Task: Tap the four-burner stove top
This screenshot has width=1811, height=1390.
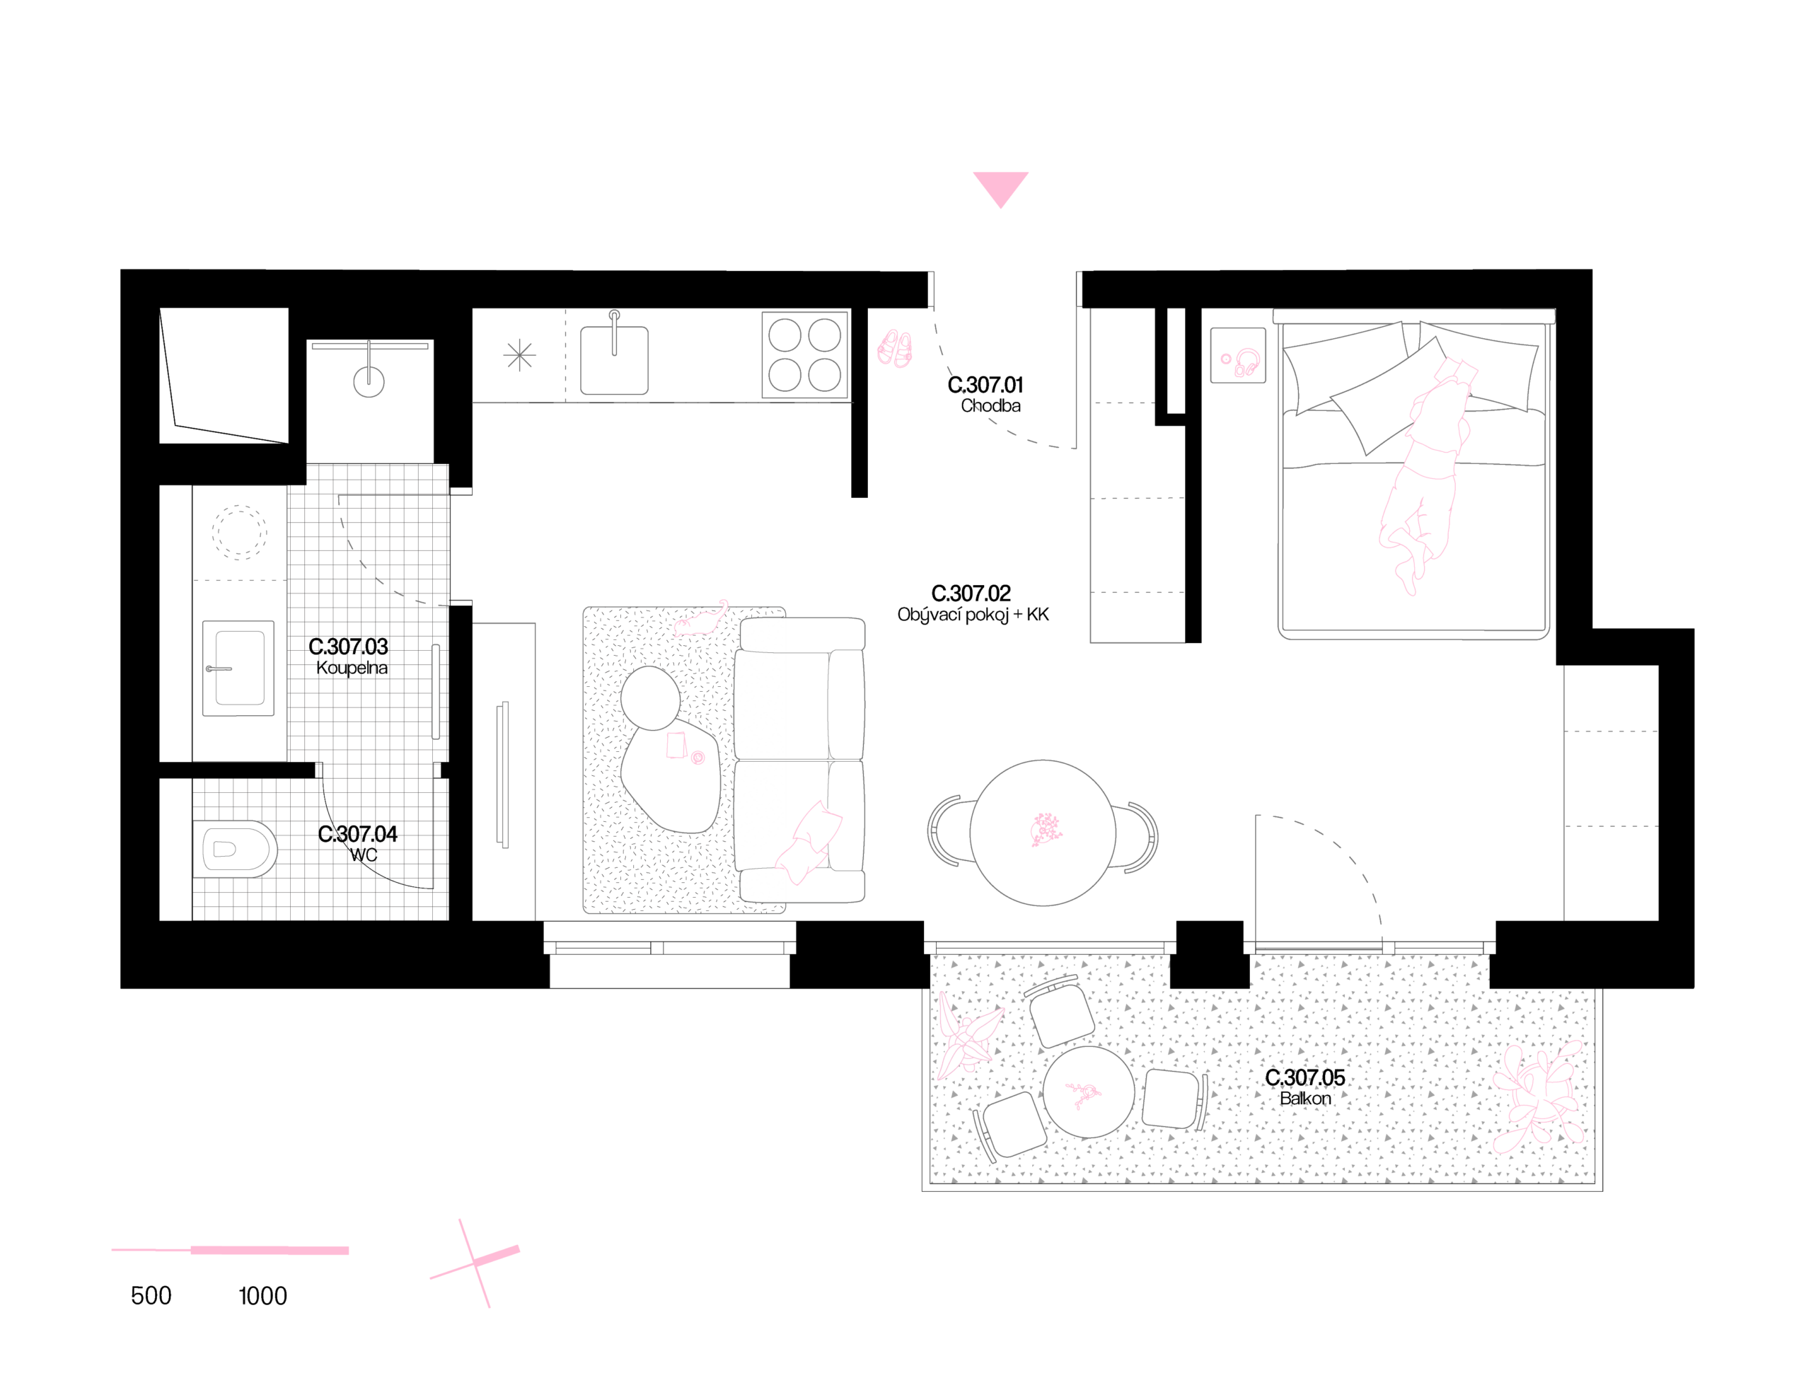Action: pos(804,355)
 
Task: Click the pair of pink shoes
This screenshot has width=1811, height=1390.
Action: pos(894,347)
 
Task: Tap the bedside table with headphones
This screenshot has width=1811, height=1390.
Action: pos(1238,355)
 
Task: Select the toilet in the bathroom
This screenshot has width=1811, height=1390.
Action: pos(235,849)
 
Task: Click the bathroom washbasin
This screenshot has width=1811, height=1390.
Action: pos(239,668)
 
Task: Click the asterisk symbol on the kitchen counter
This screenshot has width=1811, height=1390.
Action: pos(519,356)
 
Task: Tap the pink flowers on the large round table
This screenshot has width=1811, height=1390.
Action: pos(1045,830)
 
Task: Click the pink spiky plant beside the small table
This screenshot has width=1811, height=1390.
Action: pos(966,1035)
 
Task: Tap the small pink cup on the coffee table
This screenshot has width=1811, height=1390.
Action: pos(698,757)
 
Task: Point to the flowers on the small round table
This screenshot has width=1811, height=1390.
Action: pos(1084,1094)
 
